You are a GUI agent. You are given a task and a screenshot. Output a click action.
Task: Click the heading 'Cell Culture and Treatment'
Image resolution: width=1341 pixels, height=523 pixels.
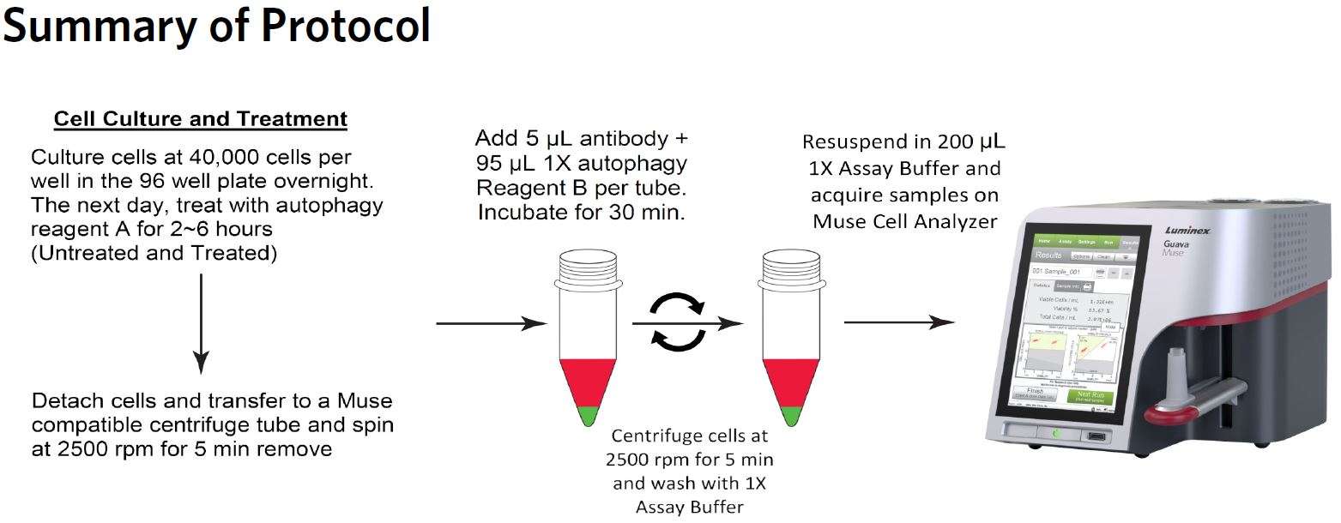[201, 118]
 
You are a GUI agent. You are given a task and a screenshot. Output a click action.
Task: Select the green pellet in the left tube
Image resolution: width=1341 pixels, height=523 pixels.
[587, 417]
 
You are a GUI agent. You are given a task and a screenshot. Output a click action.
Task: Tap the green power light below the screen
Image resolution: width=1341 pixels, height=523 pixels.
[1056, 433]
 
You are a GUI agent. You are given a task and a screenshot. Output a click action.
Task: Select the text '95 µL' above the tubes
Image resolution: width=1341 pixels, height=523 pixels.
[503, 164]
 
